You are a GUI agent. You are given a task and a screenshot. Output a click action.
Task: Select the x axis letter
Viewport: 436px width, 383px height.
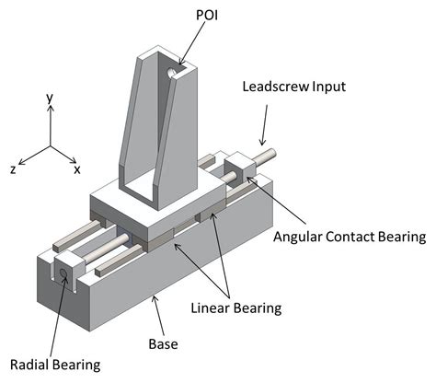point(76,169)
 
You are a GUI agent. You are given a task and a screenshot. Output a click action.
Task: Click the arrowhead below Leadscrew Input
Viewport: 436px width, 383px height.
point(262,142)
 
